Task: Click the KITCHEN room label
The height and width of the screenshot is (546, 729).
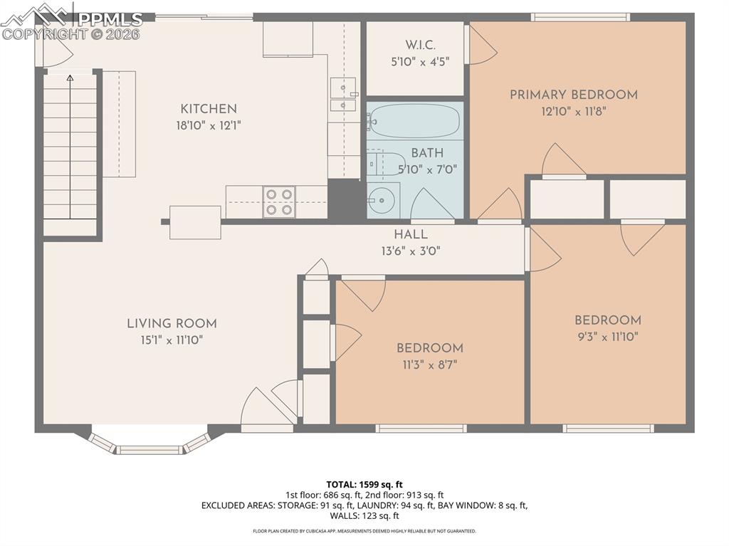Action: tap(208, 109)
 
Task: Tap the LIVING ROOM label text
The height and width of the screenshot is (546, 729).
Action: tap(172, 323)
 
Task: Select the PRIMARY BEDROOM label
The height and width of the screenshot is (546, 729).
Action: tap(573, 95)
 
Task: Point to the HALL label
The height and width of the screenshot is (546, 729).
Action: tap(411, 234)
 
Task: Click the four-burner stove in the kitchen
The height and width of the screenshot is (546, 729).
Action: tap(279, 201)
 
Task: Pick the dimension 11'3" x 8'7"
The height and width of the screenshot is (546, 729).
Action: tap(430, 365)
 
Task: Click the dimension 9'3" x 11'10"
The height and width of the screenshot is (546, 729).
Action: tap(608, 337)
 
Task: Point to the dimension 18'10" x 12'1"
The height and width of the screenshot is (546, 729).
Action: tap(208, 126)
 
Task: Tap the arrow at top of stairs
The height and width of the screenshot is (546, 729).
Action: tap(70, 78)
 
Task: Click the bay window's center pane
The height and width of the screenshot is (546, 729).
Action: tap(150, 449)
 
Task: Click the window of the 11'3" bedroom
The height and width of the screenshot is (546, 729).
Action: tap(421, 429)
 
